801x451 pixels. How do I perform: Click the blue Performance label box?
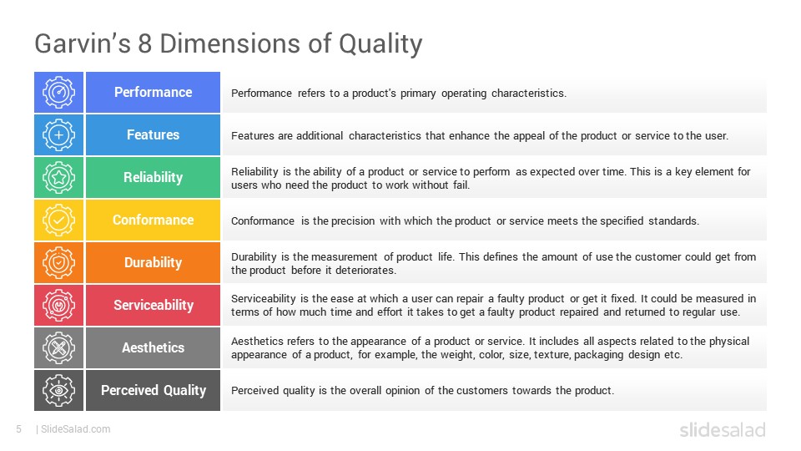pyautogui.click(x=153, y=92)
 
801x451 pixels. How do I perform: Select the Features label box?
pyautogui.click(x=153, y=134)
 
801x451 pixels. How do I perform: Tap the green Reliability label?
pyautogui.click(x=153, y=177)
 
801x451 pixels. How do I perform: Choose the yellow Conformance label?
pyautogui.click(x=153, y=220)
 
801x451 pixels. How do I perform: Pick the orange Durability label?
pyautogui.click(x=153, y=262)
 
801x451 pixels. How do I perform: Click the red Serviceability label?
pyautogui.click(x=153, y=305)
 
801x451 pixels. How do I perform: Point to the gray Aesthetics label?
pyautogui.click(x=153, y=347)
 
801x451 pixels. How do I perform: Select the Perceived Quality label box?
pyautogui.click(x=153, y=390)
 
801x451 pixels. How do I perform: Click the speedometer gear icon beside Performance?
pyautogui.click(x=58, y=92)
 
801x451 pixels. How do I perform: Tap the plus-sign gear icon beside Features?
pyautogui.click(x=58, y=134)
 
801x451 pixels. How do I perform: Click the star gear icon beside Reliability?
pyautogui.click(x=58, y=177)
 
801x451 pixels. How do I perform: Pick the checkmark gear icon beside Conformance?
pyautogui.click(x=58, y=220)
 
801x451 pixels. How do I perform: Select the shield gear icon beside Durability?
pyautogui.click(x=58, y=262)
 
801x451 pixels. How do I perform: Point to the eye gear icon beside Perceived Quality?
pyautogui.click(x=58, y=390)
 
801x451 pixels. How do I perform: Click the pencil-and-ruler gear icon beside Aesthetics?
pyautogui.click(x=58, y=347)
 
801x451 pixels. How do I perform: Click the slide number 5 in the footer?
pyautogui.click(x=18, y=429)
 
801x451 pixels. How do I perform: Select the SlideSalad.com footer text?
pyautogui.click(x=75, y=429)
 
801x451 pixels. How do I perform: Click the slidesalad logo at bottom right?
pyautogui.click(x=722, y=430)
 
